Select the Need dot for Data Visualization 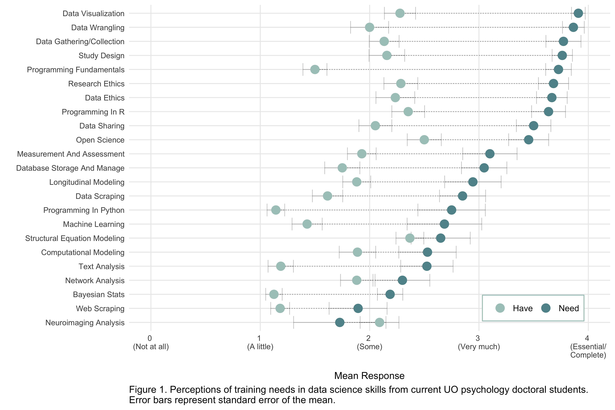[578, 13]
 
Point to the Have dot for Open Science [424, 140]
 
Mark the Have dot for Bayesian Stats [274, 294]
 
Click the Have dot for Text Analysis [281, 266]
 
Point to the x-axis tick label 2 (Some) [369, 343]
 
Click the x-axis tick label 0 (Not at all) [151, 343]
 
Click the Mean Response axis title [369, 376]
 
